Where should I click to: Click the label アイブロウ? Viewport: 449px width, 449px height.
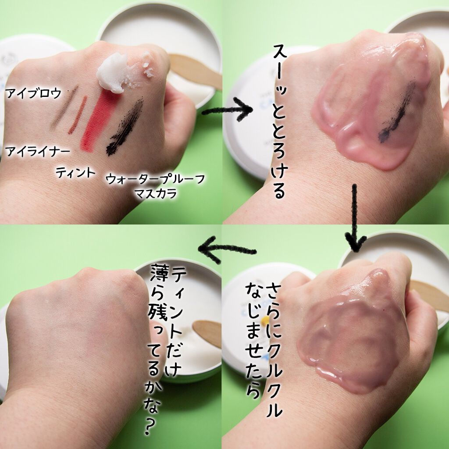point(33,93)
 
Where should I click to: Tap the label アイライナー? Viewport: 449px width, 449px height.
point(38,151)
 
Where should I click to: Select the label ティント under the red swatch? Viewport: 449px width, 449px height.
point(75,172)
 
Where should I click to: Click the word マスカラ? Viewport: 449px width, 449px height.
point(155,193)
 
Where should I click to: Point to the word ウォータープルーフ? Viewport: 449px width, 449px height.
point(156,179)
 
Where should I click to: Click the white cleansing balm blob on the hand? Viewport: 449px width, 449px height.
point(114,73)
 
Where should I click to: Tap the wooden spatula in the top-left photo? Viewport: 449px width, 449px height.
point(195,71)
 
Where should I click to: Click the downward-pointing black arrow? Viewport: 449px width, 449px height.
point(355,217)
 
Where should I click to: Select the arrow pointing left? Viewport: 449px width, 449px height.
point(227,249)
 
